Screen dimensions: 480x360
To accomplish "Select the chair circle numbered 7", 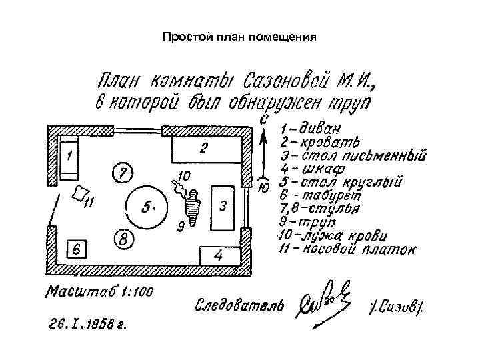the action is pos(122,173).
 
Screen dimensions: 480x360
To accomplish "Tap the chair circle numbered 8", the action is pos(123,238).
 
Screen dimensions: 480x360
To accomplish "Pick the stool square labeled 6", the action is pos(77,250).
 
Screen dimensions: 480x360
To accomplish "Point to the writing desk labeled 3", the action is pos(222,207).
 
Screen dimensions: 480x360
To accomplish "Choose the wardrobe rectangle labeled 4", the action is pos(219,255).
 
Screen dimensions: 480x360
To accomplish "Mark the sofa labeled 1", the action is pos(69,157).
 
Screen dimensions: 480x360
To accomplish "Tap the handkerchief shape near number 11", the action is pos(81,193).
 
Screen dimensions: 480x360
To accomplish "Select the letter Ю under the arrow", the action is pos(264,189).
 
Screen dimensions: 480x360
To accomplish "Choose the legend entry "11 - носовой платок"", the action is pos(347,250).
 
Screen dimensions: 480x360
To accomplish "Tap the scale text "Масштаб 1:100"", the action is pos(99,291).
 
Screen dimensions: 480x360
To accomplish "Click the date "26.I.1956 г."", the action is pos(88,326).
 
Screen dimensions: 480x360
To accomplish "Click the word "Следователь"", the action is pos(239,305).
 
